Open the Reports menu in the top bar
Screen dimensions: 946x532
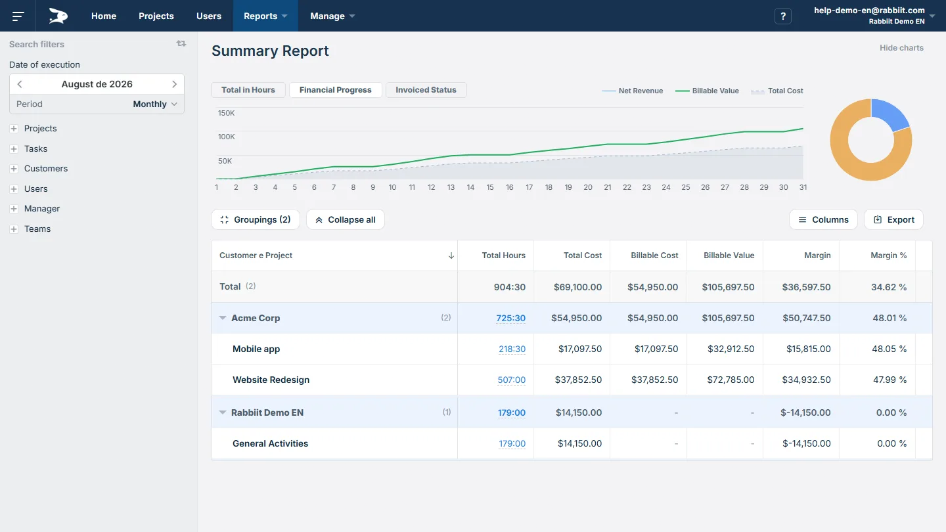click(265, 16)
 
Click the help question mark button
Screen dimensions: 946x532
click(782, 16)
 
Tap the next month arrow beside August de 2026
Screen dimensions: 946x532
click(175, 84)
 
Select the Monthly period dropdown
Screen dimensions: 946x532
click(155, 104)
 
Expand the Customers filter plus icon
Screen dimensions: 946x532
click(14, 169)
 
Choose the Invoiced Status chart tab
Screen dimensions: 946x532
click(426, 90)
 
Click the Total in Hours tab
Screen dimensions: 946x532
click(248, 90)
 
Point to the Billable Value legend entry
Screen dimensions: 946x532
click(707, 91)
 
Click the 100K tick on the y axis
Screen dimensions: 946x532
click(227, 137)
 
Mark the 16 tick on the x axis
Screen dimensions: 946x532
click(510, 187)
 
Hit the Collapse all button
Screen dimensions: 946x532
click(346, 219)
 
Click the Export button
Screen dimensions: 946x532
click(893, 219)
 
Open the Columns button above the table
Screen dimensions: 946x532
click(823, 219)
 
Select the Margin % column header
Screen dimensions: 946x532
click(889, 255)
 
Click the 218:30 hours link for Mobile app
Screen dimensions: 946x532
click(512, 349)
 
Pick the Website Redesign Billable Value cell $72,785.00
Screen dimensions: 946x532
click(731, 380)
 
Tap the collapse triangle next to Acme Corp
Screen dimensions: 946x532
click(223, 318)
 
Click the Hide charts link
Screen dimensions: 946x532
click(901, 48)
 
